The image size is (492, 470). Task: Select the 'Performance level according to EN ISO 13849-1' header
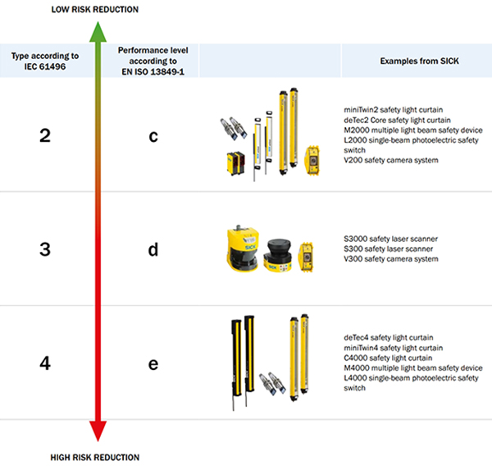(x=153, y=61)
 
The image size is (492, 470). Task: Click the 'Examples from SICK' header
(x=416, y=62)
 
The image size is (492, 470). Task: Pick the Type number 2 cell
(x=45, y=135)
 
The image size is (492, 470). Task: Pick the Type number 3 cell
(x=45, y=249)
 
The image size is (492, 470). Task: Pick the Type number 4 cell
(x=45, y=362)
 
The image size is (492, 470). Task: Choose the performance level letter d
(x=153, y=249)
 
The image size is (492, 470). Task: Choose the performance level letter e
(x=153, y=363)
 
